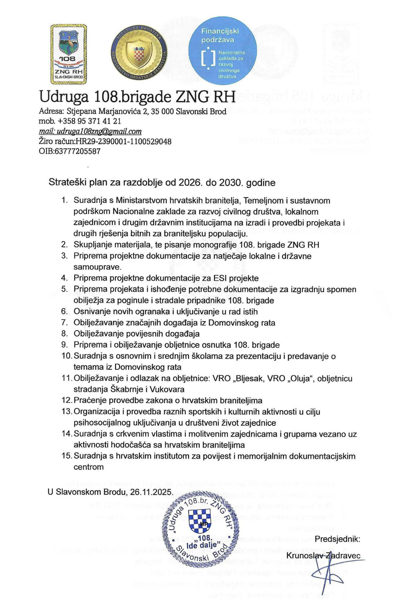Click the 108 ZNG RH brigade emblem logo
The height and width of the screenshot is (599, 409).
68,54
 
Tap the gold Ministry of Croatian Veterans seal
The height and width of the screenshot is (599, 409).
139,54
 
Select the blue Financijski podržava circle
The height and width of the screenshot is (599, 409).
222,50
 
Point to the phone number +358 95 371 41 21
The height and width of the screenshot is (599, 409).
90,121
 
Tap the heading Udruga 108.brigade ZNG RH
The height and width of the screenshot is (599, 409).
137,97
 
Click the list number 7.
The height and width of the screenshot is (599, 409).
65,323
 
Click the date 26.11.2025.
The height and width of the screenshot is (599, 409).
151,492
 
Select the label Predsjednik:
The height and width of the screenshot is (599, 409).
337,539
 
